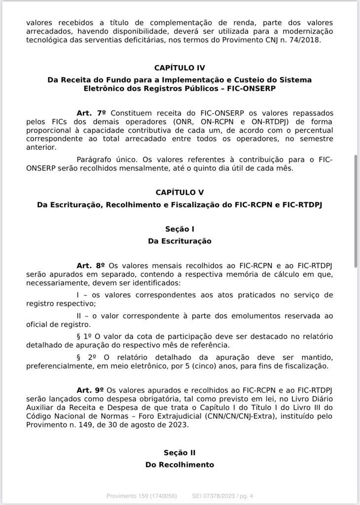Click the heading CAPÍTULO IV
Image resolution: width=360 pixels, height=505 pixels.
pyautogui.click(x=180, y=68)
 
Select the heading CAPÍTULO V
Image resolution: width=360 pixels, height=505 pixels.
pyautogui.click(x=180, y=193)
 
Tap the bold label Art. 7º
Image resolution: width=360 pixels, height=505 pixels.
pyautogui.click(x=91, y=113)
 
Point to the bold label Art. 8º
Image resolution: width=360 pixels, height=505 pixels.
pyautogui.click(x=91, y=265)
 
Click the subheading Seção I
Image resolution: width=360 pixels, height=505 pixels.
pyautogui.click(x=180, y=229)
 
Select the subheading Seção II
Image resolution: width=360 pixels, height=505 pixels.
pyautogui.click(x=180, y=453)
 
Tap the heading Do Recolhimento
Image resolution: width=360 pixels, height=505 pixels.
pyautogui.click(x=180, y=465)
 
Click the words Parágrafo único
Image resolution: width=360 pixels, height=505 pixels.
pyautogui.click(x=107, y=159)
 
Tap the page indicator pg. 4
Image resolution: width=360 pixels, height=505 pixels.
pyautogui.click(x=245, y=496)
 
